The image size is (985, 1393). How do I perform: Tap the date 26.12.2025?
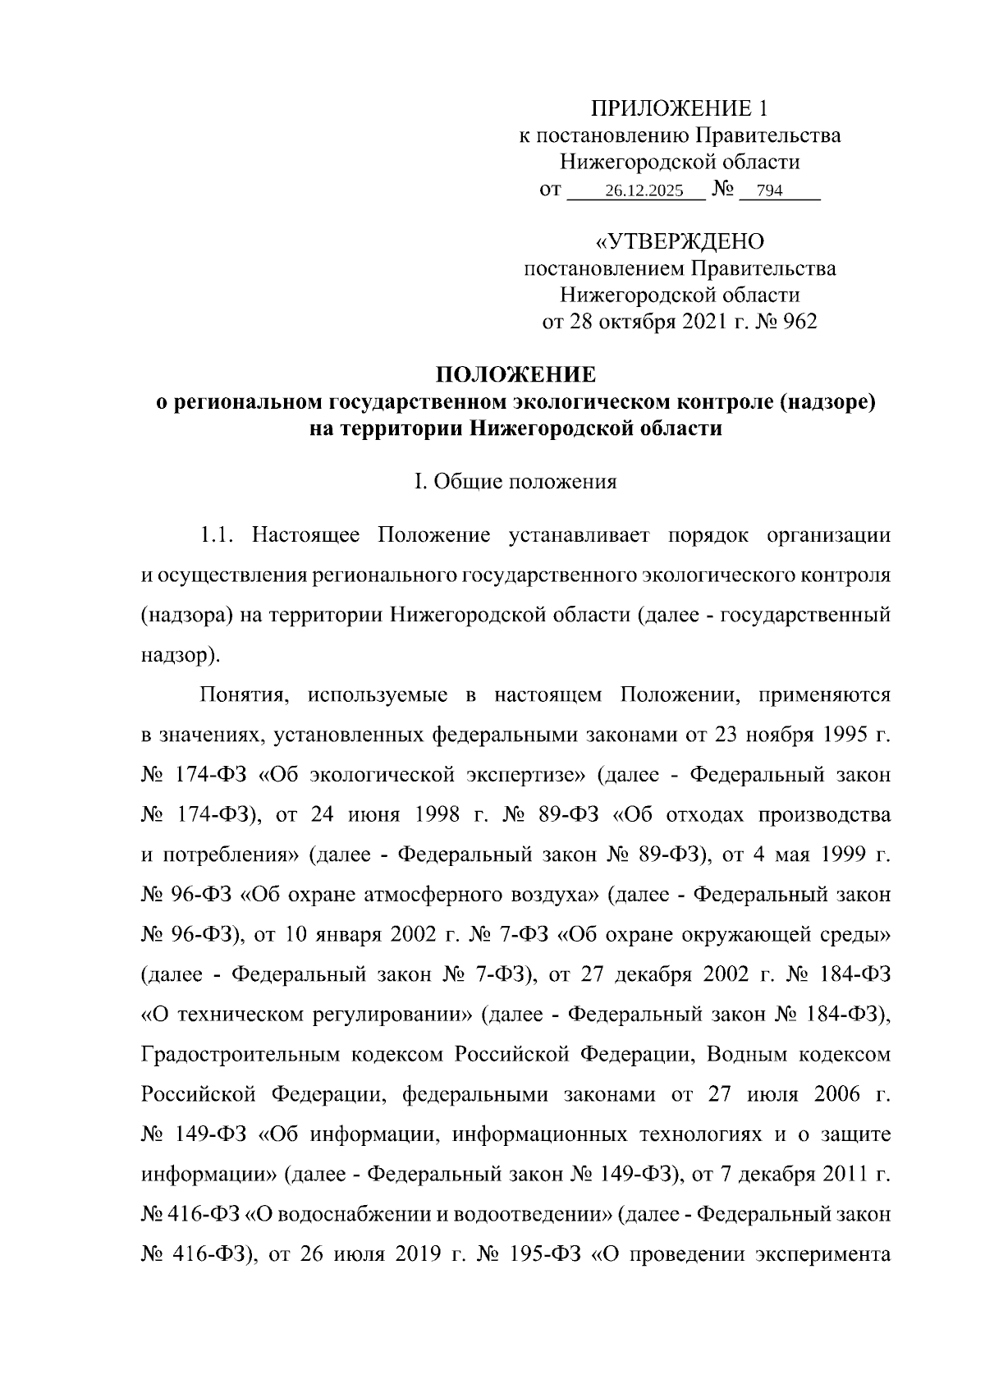pos(644,192)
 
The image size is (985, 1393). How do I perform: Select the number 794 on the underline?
pos(769,192)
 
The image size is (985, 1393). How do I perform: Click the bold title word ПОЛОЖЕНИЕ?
pos(515,376)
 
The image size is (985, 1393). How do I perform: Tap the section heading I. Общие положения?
pos(515,482)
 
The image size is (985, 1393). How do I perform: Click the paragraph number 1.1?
pos(219,536)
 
